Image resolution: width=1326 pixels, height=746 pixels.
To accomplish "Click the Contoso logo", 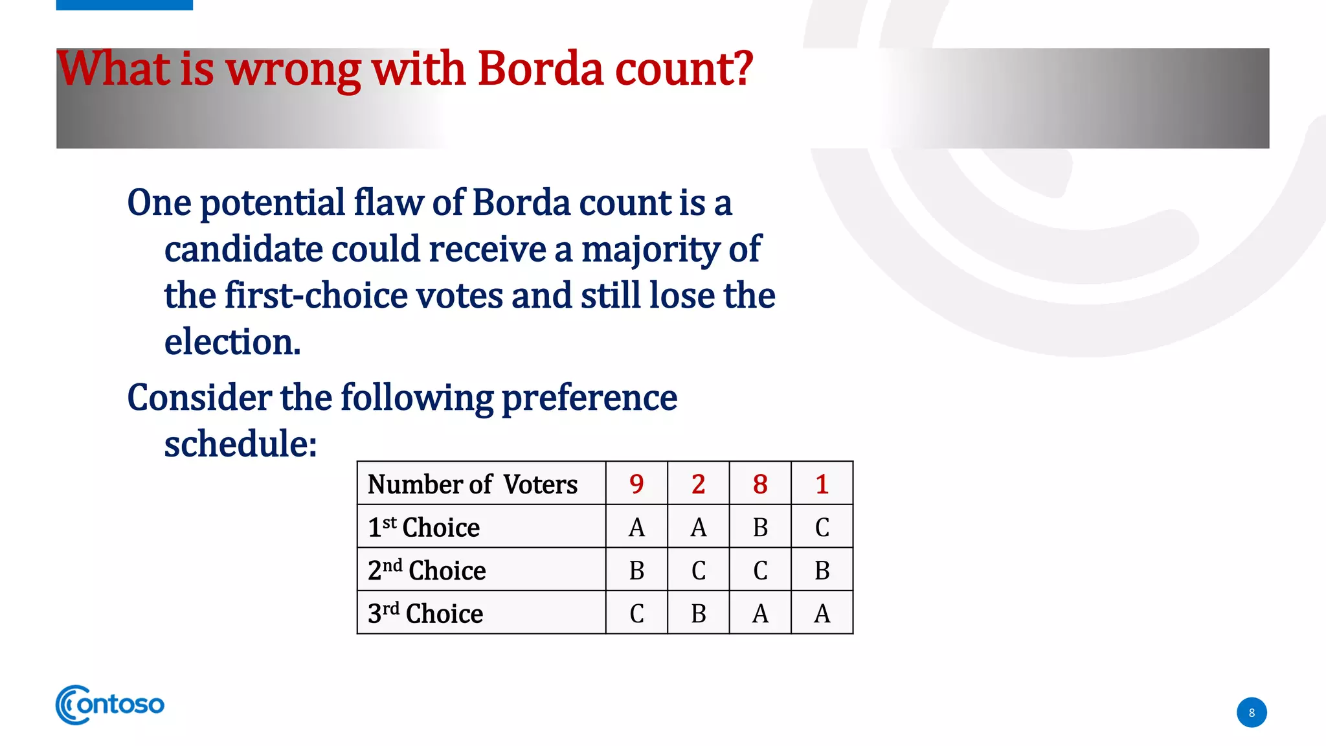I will tap(110, 705).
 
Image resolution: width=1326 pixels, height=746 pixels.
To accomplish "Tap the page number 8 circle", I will tap(1251, 712).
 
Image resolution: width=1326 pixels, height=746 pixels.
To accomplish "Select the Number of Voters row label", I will tap(472, 484).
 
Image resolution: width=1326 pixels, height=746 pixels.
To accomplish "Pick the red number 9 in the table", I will tap(636, 484).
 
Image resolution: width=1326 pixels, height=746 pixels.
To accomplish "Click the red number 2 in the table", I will tap(698, 484).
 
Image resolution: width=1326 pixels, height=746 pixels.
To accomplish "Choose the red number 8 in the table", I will tap(760, 484).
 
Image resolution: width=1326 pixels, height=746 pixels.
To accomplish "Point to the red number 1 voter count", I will tap(822, 484).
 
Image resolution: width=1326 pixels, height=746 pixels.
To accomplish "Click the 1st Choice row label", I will tap(423, 527).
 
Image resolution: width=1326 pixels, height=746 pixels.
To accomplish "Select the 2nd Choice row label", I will tap(427, 571).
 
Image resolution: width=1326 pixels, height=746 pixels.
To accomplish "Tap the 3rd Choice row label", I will tap(425, 613).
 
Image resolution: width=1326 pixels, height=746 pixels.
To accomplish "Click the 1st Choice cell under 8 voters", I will tap(760, 527).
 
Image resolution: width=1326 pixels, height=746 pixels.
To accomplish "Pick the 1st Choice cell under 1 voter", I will tap(822, 527).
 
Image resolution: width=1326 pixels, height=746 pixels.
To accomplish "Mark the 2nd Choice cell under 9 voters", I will tap(636, 571).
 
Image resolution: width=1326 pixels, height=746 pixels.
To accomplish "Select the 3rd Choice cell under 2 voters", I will tap(698, 613).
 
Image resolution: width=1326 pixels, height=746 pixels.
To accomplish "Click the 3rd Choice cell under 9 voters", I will tap(636, 613).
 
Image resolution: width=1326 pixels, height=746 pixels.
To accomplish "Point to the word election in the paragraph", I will tap(232, 342).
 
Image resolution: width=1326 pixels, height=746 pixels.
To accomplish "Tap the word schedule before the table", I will tap(240, 444).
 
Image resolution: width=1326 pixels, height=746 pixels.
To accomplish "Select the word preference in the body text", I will tap(589, 398).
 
